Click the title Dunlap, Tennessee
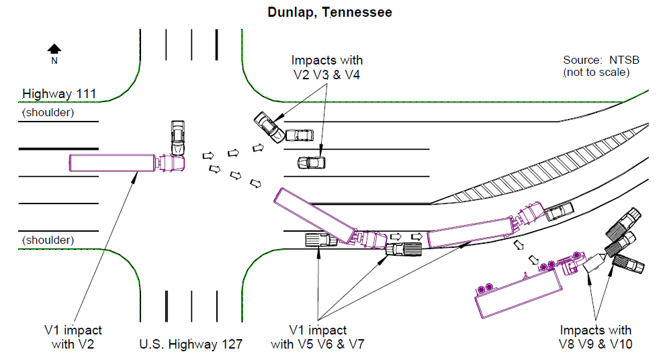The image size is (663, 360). tap(330, 12)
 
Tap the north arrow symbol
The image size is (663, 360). tap(54, 48)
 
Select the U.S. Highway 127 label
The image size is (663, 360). tap(191, 345)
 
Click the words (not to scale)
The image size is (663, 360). tap(596, 72)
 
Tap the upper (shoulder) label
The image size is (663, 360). tap(48, 113)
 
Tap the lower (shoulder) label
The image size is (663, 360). tap(48, 240)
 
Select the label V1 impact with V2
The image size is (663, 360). tap(73, 337)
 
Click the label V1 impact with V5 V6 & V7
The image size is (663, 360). tap(318, 337)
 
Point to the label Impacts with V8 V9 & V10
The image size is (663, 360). tap(596, 337)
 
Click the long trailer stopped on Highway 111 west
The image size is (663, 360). tap(112, 162)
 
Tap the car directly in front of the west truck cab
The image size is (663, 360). tap(177, 137)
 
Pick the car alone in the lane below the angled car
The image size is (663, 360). tap(312, 163)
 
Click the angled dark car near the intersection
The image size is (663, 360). tap(269, 128)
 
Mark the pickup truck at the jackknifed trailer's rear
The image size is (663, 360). tap(318, 240)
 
